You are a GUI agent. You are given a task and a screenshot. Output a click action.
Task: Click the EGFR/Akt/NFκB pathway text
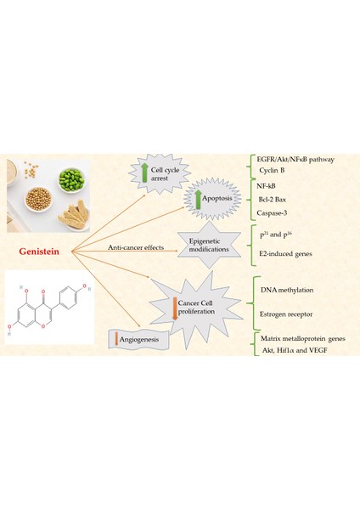[297, 159]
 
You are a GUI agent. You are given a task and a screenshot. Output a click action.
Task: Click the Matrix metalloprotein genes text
[302, 338]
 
